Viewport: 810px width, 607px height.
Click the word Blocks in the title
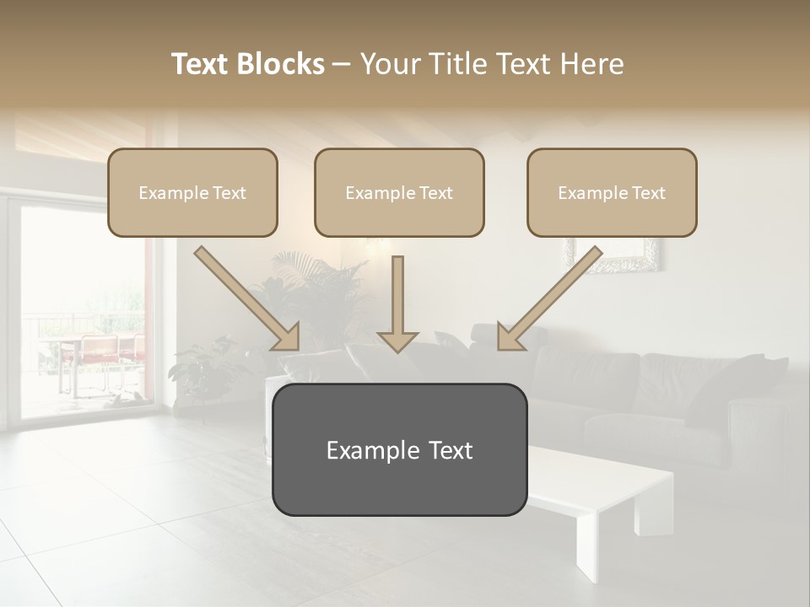281,64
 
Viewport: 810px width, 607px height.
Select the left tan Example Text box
192,193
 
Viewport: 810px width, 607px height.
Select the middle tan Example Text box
399,193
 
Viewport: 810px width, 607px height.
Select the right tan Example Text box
612,193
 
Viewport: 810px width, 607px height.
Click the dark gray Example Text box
399,450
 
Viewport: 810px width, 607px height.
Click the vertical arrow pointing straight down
398,303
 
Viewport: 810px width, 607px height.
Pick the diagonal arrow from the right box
550,298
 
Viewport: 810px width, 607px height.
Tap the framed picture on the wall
613,255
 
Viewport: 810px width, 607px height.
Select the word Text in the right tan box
648,193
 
